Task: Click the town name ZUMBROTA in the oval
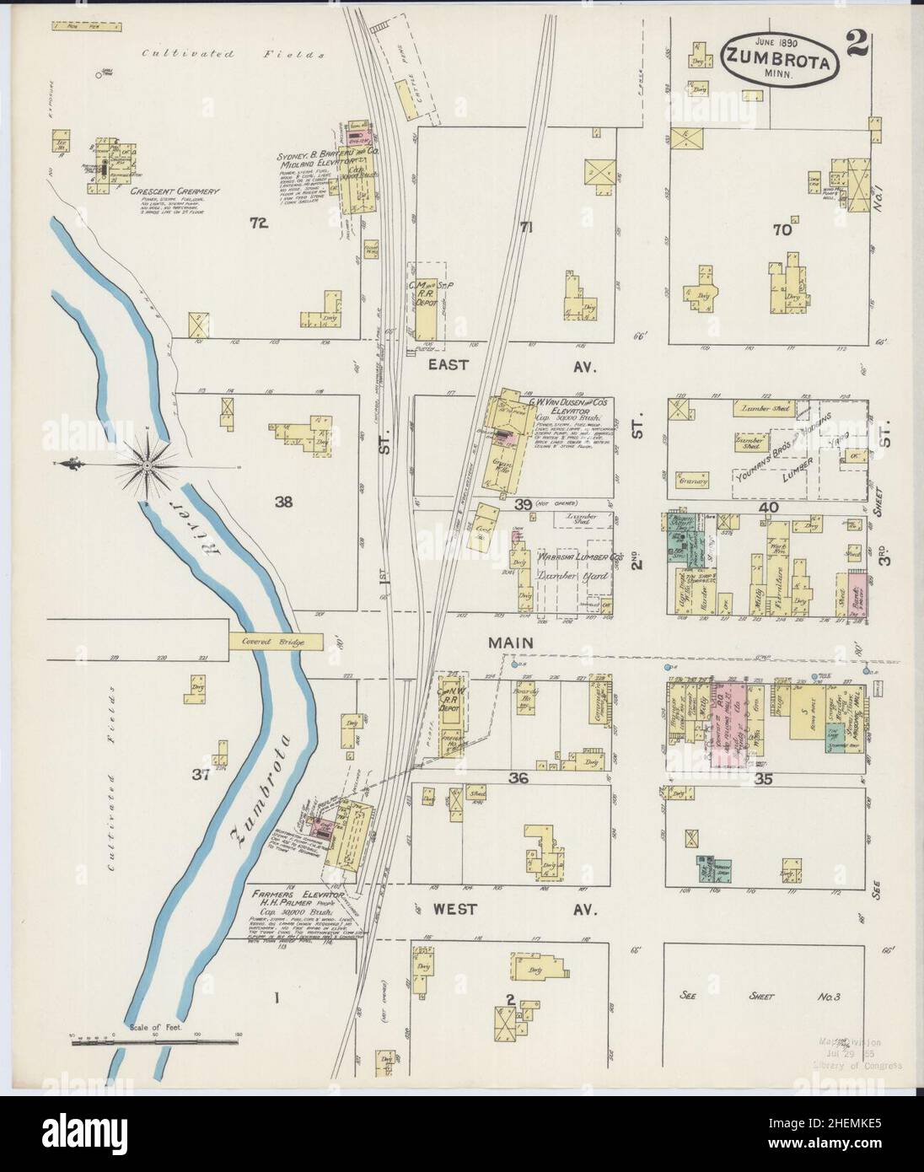point(766,61)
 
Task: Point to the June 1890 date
point(762,41)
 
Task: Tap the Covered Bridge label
point(275,642)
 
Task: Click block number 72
point(258,223)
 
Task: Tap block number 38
point(283,503)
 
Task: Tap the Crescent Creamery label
point(175,191)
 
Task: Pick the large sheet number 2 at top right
point(859,47)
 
